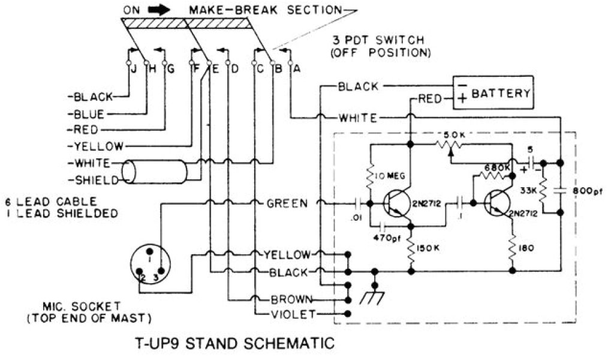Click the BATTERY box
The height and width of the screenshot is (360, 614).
point(492,93)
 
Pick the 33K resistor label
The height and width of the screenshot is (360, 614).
point(529,191)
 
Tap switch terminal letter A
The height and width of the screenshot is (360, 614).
point(296,69)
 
